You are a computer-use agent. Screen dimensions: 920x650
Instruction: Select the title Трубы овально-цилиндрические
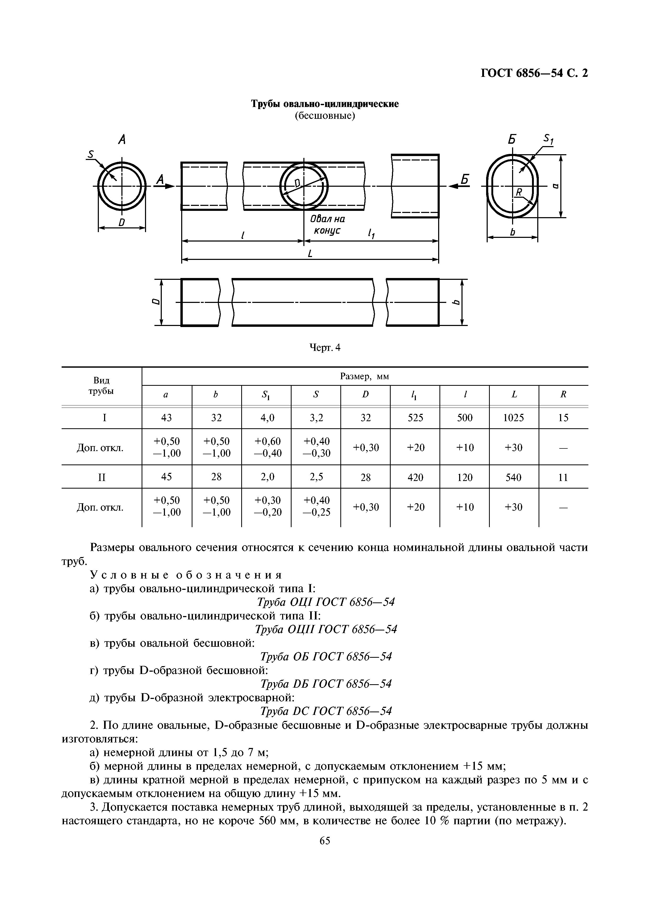pos(325,104)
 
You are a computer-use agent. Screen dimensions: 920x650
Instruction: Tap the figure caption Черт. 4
pos(325,348)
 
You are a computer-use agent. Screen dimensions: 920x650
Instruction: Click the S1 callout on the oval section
pos(548,140)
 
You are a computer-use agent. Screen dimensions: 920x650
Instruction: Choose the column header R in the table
pos(563,395)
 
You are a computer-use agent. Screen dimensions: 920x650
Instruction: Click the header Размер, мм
pos(364,377)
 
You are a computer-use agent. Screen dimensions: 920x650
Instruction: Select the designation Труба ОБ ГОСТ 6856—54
pos(326,656)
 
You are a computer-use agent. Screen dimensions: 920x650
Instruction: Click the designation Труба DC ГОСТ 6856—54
pos(326,711)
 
